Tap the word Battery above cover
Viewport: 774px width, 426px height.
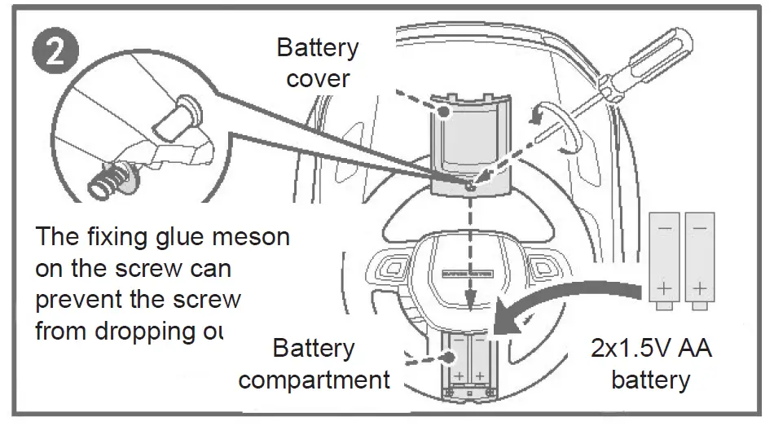[x=317, y=47]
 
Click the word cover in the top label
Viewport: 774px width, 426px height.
[x=318, y=78]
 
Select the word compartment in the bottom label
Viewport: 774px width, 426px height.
[x=314, y=380]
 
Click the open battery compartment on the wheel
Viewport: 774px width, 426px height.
[x=468, y=367]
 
